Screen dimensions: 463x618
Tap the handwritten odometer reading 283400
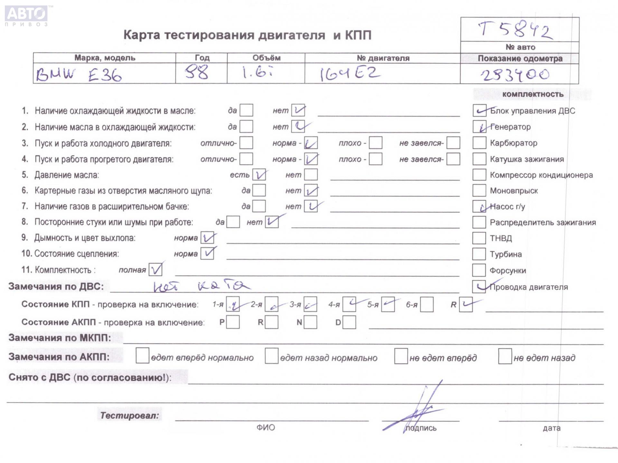point(515,75)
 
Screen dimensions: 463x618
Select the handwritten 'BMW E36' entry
point(79,75)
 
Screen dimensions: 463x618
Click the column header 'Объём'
point(266,58)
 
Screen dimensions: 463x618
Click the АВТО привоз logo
point(26,15)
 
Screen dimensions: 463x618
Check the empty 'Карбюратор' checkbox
point(479,143)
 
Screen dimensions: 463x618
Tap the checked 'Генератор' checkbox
point(479,127)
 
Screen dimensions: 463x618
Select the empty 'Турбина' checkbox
point(479,254)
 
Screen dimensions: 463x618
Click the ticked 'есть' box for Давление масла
point(259,175)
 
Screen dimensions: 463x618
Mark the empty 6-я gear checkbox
point(426,304)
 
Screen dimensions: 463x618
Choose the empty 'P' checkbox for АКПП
point(233,322)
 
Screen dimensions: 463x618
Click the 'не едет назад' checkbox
point(505,356)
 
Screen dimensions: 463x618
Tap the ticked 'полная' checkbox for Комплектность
point(155,270)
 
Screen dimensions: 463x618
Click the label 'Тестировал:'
point(129,415)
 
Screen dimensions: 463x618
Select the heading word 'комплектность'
point(533,94)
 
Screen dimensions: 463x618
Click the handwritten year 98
point(197,73)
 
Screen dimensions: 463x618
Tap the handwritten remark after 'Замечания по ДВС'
point(201,286)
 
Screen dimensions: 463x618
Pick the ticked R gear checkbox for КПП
point(465,304)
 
